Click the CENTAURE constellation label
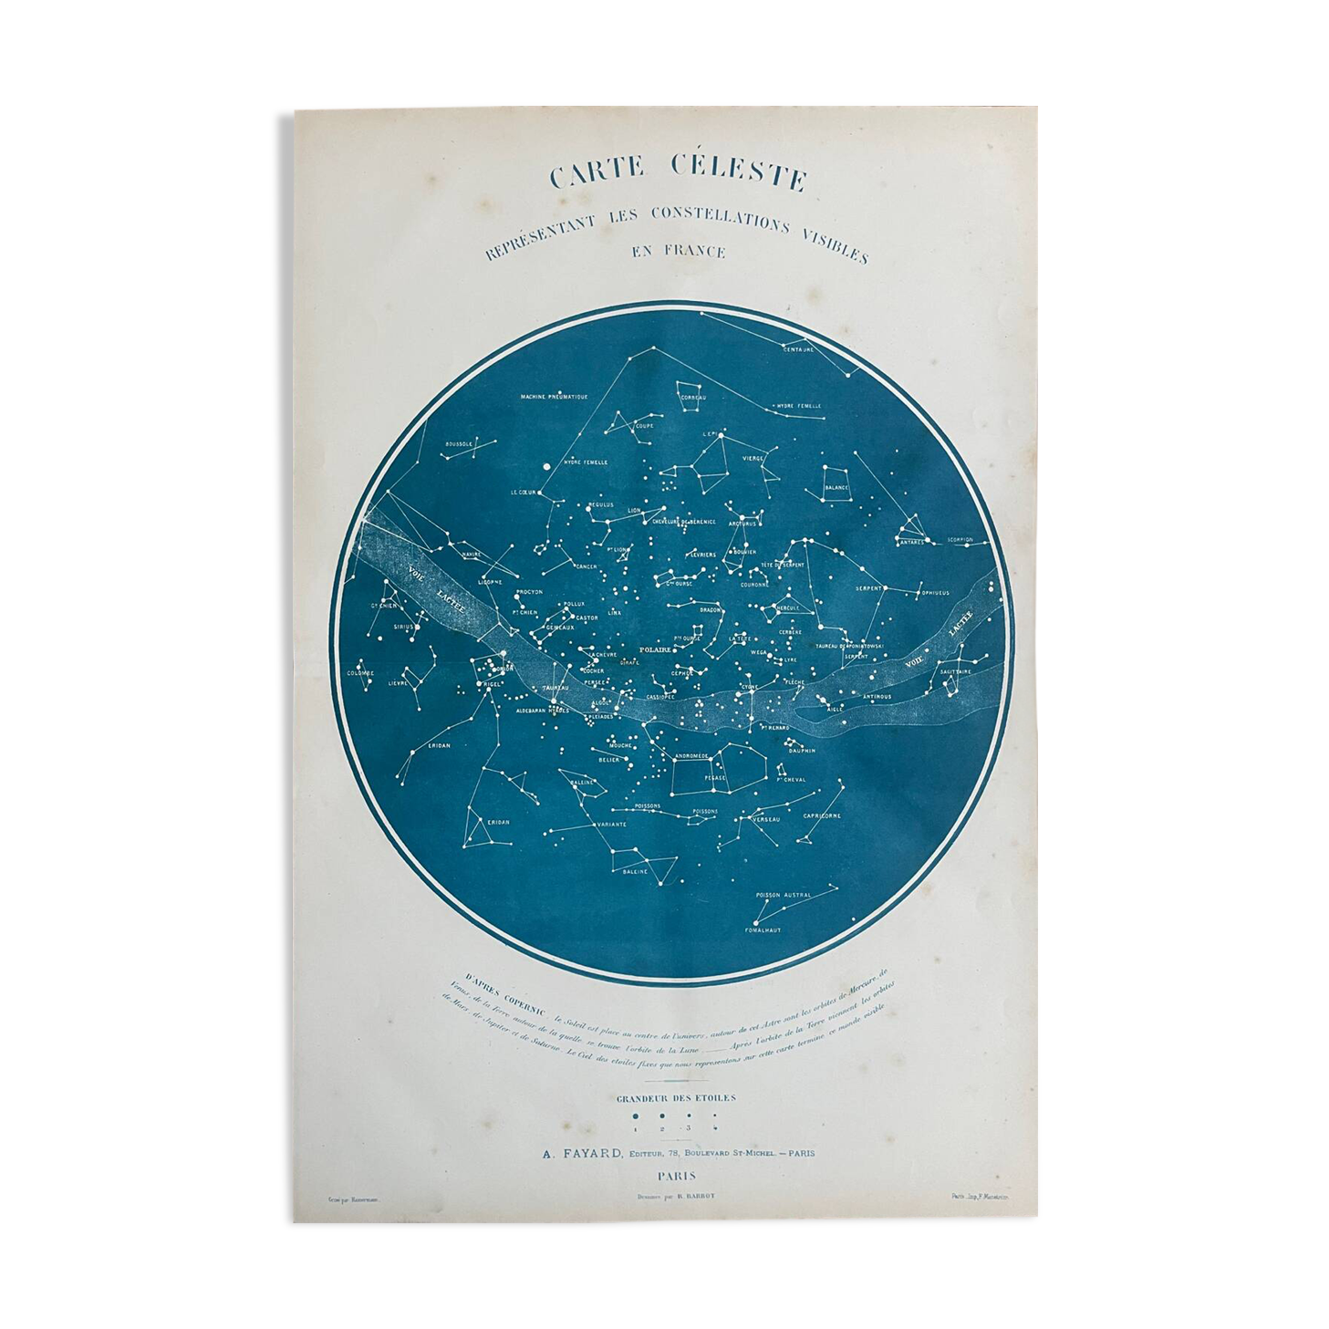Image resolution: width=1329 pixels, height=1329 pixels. [798, 348]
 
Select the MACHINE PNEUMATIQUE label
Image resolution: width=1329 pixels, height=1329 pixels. [554, 397]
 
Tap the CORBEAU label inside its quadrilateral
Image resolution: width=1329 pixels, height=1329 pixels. [699, 398]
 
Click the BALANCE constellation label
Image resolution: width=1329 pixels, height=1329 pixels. [836, 487]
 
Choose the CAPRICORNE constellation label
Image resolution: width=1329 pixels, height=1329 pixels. [822, 815]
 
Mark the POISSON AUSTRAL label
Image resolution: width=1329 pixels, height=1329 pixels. [783, 895]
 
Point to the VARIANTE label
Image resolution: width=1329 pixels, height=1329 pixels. [611, 825]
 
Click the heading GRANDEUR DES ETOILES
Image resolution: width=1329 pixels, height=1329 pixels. [676, 1098]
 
